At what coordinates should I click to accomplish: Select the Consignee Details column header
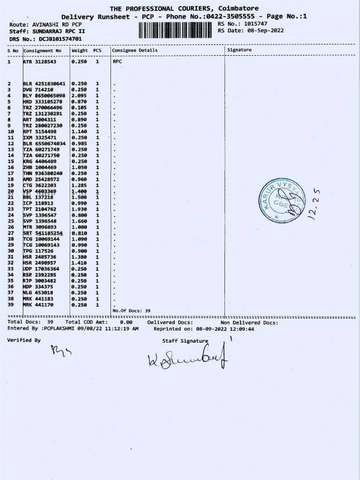click(x=134, y=50)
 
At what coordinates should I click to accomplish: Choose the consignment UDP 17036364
click(x=42, y=269)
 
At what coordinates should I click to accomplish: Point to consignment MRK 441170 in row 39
click(x=40, y=305)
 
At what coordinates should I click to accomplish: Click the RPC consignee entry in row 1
click(x=117, y=61)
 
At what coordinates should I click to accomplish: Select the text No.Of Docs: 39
click(x=131, y=310)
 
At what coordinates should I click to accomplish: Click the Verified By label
click(x=24, y=340)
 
